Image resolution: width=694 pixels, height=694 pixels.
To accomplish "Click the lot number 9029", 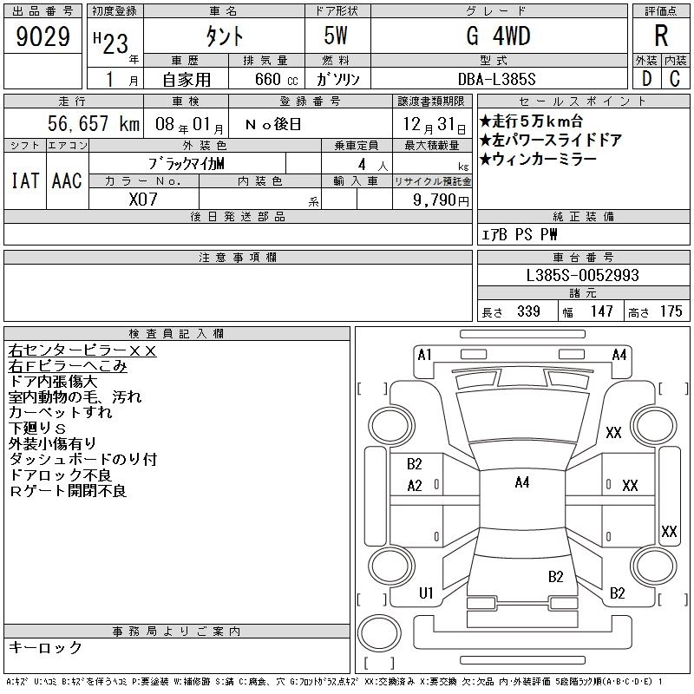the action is (43, 36).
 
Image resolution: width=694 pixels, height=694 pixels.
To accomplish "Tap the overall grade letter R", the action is (661, 36).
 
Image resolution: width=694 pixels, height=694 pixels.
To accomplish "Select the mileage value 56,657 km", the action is (94, 123).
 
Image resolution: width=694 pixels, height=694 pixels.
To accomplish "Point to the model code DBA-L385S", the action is (496, 79).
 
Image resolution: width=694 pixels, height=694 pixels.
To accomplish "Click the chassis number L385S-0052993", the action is (582, 275).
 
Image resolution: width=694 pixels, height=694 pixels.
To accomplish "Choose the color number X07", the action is (143, 200).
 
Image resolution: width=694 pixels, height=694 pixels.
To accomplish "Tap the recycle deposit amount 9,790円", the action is (441, 200).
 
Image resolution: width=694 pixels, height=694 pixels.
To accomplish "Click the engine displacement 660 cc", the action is (276, 79).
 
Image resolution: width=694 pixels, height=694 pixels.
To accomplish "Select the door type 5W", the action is (336, 36).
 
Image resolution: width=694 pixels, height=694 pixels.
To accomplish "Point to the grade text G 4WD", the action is (498, 36).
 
